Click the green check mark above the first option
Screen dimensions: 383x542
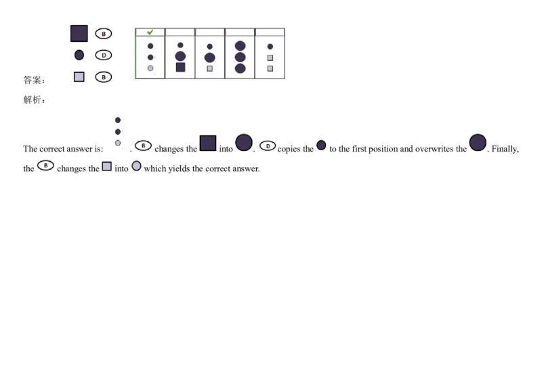click(x=150, y=32)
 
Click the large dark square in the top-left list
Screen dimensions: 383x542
click(x=79, y=33)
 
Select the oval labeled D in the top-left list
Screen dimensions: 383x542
click(x=104, y=55)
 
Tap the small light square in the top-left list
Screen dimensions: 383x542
click(x=79, y=77)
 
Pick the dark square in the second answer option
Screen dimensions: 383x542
click(x=180, y=67)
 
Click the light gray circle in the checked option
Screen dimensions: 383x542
click(x=150, y=68)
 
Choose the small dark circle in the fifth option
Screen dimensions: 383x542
click(x=270, y=47)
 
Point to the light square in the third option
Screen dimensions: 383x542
click(x=210, y=68)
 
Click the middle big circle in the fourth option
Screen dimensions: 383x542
click(x=240, y=57)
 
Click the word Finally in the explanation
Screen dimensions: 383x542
click(x=505, y=149)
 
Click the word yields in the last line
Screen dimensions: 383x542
click(x=180, y=168)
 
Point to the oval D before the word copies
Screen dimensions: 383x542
click(x=268, y=146)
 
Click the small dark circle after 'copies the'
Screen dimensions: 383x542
click(x=321, y=145)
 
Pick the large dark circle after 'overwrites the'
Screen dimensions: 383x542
click(x=478, y=143)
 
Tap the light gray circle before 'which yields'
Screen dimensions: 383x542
click(x=136, y=166)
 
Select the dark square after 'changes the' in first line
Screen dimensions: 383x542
click(x=208, y=143)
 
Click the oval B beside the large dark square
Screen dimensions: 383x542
click(x=104, y=33)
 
